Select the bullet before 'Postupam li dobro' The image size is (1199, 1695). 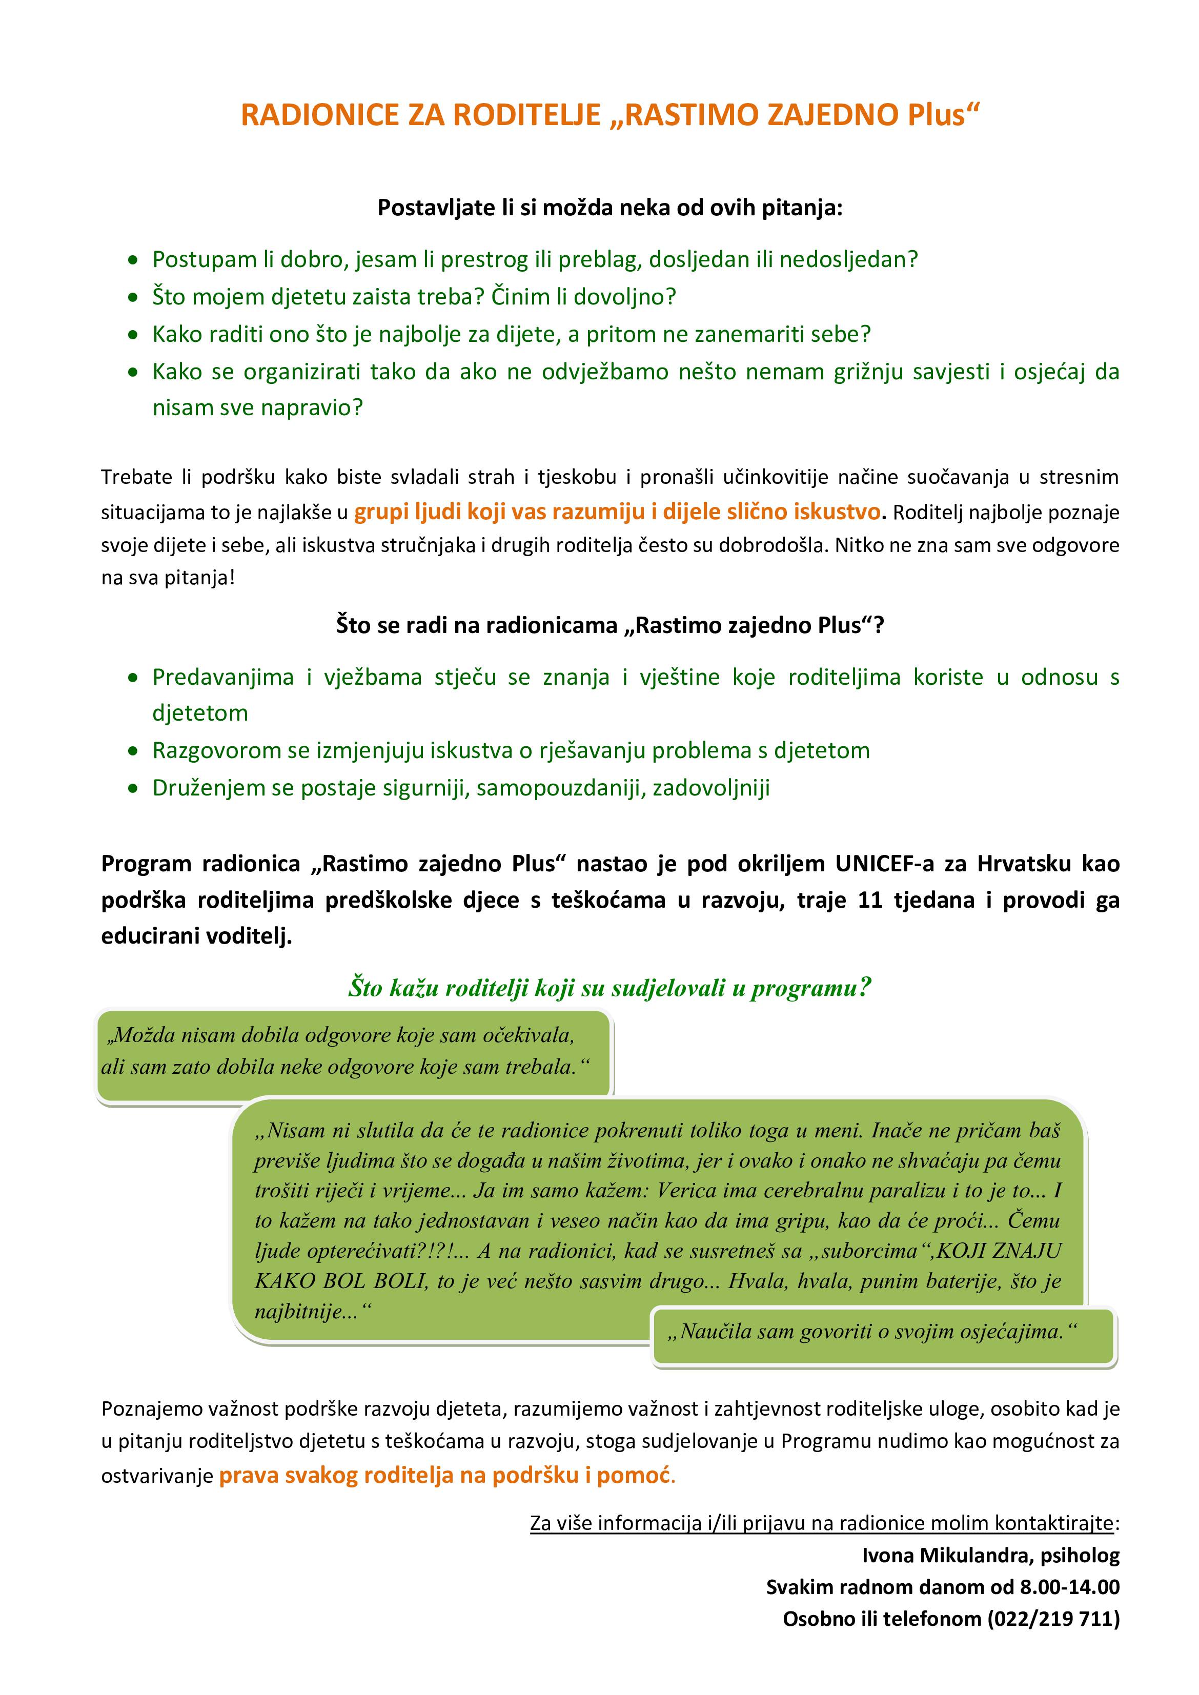[133, 260]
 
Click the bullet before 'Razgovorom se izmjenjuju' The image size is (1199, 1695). [133, 751]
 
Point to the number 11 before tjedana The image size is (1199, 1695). [870, 900]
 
